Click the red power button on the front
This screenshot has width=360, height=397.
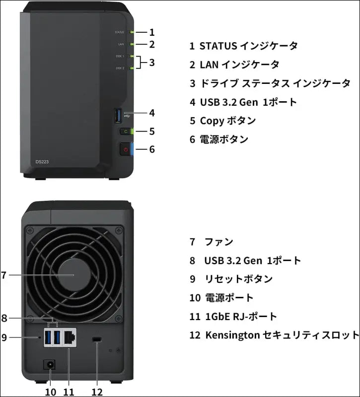(126, 149)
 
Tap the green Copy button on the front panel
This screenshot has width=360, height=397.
(126, 132)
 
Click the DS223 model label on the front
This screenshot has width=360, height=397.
(42, 162)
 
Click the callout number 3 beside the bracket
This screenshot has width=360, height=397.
(152, 63)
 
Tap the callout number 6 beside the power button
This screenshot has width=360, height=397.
(152, 149)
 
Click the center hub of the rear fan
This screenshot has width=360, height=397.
(73, 274)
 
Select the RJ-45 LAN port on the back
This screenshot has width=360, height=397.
(70, 337)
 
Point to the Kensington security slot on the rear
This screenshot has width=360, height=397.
(97, 340)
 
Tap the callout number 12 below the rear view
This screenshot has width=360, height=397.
(97, 392)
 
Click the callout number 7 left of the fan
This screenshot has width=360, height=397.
(4, 274)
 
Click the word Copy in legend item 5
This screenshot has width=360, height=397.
(212, 121)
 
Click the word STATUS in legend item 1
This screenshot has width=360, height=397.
(218, 46)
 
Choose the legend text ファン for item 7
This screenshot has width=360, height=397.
(219, 242)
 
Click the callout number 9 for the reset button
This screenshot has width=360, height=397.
(4, 337)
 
